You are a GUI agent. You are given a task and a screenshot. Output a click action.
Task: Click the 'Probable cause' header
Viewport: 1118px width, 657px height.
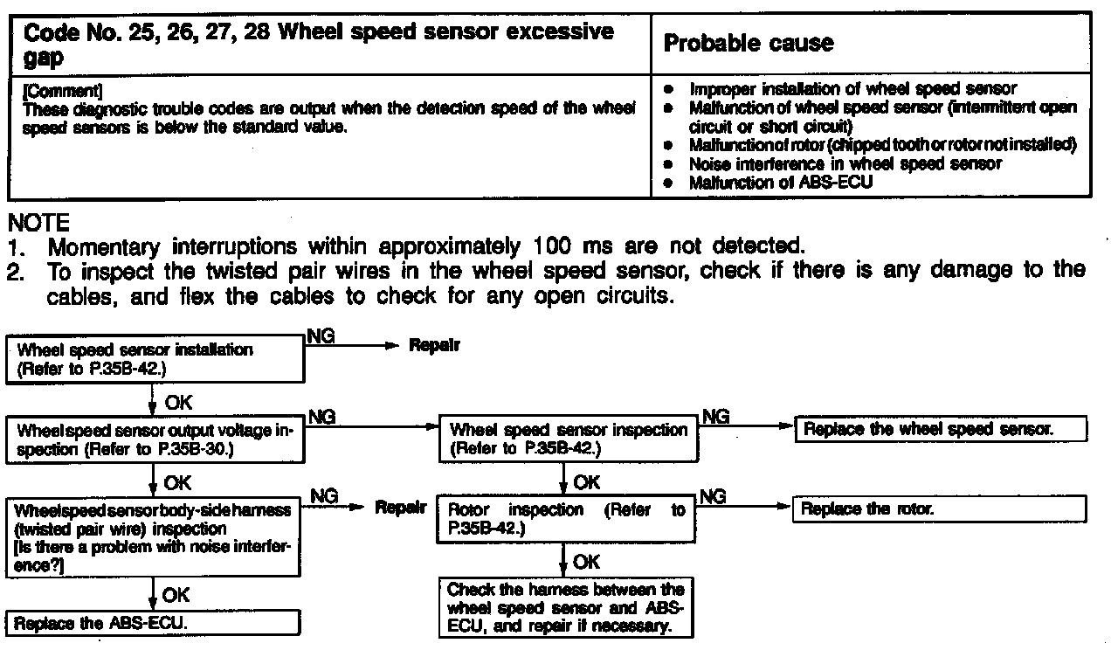click(x=749, y=43)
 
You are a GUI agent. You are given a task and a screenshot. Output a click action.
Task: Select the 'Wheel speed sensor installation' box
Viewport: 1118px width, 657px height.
click(x=155, y=359)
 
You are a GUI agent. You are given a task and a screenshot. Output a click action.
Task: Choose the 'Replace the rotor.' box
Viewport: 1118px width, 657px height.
click(x=939, y=508)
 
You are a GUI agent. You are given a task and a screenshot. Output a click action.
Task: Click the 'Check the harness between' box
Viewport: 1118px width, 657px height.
click(x=566, y=607)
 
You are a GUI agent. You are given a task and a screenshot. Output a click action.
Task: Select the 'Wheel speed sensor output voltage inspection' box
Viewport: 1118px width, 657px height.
click(x=155, y=439)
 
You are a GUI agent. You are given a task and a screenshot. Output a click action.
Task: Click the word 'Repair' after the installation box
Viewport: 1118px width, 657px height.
click(x=435, y=345)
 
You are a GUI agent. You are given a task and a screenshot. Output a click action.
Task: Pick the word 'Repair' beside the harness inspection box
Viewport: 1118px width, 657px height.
click(x=401, y=507)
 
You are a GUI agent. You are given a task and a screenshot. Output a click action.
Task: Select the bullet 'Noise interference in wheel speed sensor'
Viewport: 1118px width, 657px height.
click(x=845, y=163)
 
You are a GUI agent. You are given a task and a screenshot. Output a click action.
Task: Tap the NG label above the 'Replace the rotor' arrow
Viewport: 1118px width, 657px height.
click(x=714, y=496)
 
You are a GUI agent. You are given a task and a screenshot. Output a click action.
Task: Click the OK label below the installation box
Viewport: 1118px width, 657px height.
click(x=177, y=403)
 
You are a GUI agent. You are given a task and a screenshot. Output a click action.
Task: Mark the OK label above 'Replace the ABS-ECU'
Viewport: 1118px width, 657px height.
click(x=176, y=595)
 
